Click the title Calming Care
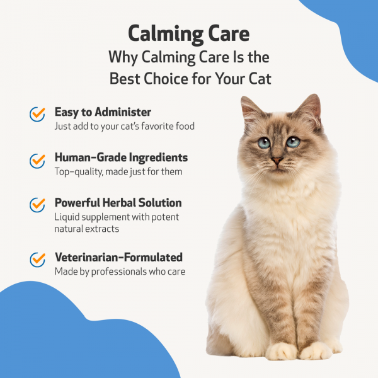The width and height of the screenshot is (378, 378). tap(188, 34)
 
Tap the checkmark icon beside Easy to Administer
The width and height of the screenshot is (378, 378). tap(37, 114)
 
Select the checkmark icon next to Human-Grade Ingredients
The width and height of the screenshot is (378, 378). tap(37, 161)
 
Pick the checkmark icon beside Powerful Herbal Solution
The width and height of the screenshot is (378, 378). tap(37, 205)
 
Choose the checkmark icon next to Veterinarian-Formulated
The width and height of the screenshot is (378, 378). tap(37, 259)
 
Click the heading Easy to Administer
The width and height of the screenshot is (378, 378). tap(103, 112)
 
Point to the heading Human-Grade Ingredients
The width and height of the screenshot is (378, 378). tap(121, 157)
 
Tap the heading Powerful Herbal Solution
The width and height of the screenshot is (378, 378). tap(118, 203)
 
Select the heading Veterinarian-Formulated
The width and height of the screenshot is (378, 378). tap(118, 257)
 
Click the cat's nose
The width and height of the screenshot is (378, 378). tap(277, 161)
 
